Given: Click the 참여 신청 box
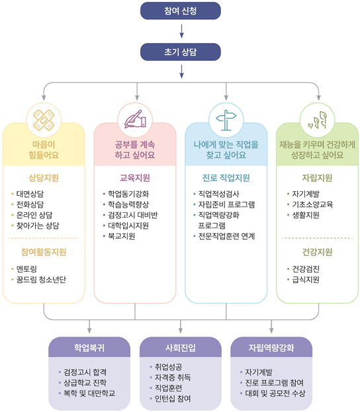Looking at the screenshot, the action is (x=181, y=11).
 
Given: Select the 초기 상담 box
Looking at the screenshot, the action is (x=181, y=52).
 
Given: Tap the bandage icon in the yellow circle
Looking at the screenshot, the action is (x=44, y=120).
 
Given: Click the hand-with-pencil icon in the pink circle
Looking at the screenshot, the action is (x=135, y=119).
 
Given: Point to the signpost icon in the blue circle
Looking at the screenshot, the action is (x=226, y=120).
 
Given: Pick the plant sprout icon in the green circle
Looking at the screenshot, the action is (x=318, y=120).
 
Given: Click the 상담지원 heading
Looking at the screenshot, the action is (x=44, y=178).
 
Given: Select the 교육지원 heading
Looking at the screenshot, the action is (x=135, y=178).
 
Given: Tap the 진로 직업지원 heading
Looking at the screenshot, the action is (x=226, y=178).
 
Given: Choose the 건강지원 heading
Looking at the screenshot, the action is (x=317, y=252).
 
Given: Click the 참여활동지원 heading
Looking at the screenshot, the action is (x=44, y=252).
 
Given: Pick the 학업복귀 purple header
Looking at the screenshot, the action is (x=89, y=347).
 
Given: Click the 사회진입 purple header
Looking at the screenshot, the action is (x=181, y=347).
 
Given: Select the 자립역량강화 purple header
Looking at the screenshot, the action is (x=271, y=347).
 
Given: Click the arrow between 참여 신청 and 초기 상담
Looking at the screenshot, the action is (x=181, y=31).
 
